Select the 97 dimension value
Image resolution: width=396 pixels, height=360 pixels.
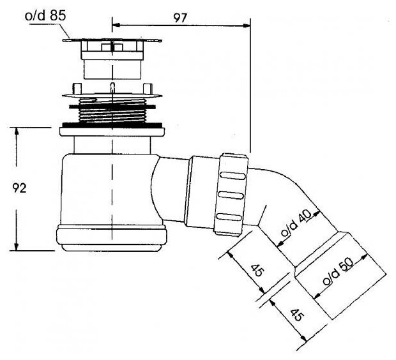point(181,18)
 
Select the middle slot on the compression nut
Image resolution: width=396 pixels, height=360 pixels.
point(231,194)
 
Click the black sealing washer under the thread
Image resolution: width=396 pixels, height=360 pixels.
point(112,125)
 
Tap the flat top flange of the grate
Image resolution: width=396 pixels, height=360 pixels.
point(112,40)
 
